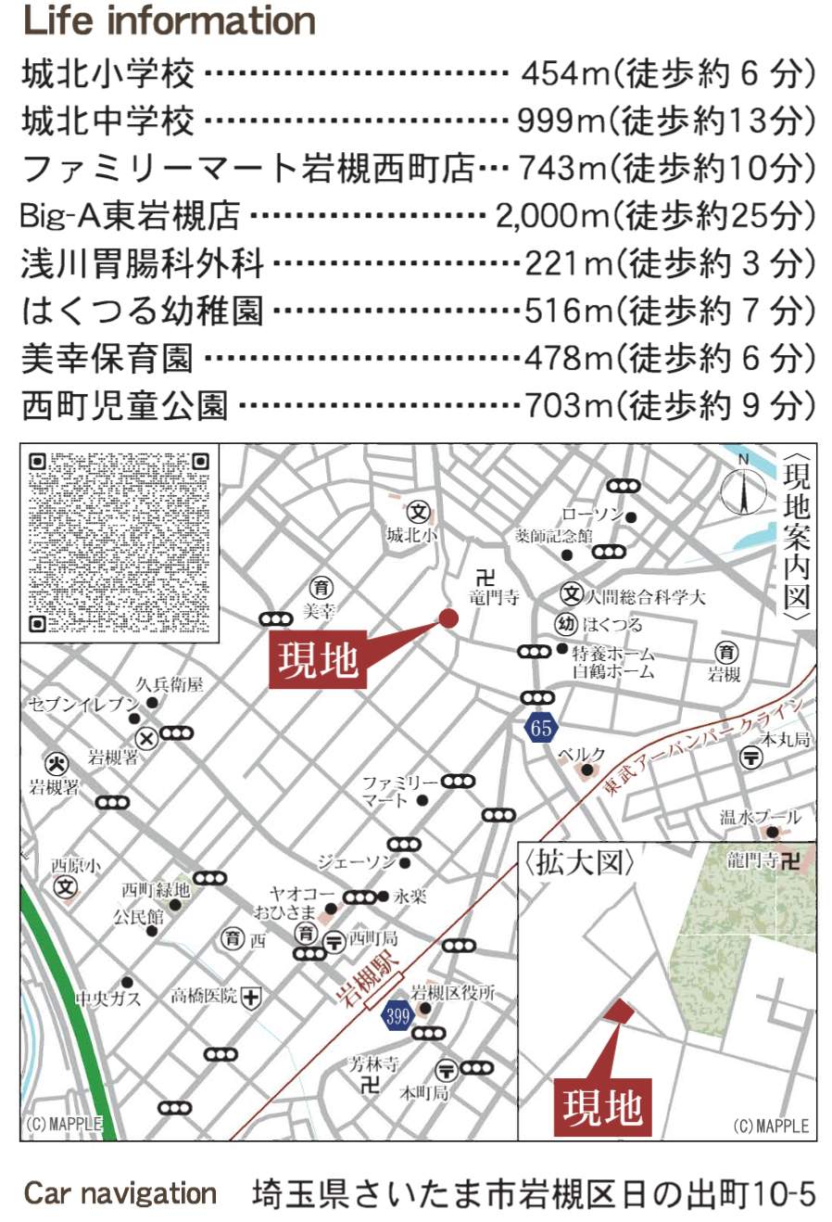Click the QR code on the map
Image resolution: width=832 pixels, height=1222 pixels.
click(120, 541)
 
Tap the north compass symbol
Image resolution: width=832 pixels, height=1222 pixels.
click(744, 489)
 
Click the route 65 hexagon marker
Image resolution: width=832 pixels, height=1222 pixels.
click(541, 728)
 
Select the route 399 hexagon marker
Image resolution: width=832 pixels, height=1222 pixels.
click(397, 1015)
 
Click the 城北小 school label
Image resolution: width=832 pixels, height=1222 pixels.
click(412, 535)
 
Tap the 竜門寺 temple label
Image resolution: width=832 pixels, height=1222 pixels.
click(493, 598)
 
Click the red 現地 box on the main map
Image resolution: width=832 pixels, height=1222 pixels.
click(318, 660)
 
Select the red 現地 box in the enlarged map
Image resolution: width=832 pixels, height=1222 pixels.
click(602, 1107)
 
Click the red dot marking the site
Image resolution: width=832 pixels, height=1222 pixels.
click(448, 618)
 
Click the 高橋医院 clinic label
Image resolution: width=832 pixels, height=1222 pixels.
click(204, 997)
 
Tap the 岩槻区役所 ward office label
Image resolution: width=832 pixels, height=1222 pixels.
click(453, 993)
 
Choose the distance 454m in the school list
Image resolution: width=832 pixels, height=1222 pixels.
click(562, 73)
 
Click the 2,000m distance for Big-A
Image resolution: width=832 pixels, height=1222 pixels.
click(552, 216)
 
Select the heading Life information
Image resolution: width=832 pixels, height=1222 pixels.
click(169, 20)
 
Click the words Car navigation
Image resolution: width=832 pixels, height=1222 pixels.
click(120, 1193)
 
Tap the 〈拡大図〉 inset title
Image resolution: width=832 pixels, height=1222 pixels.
click(580, 863)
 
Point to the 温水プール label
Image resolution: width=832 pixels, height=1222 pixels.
click(760, 818)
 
